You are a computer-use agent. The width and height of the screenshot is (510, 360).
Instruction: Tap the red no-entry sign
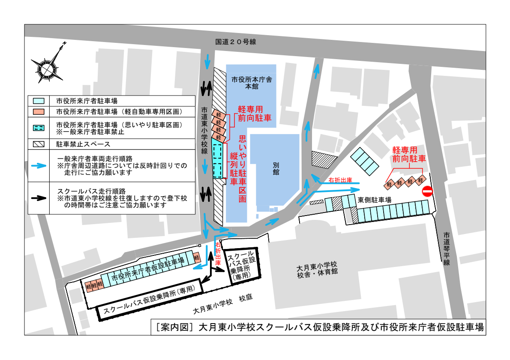pyautogui.click(x=427, y=191)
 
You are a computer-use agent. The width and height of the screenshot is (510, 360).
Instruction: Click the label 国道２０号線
pyautogui.click(x=235, y=42)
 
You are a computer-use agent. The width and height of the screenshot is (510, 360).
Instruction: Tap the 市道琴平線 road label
pyautogui.click(x=446, y=249)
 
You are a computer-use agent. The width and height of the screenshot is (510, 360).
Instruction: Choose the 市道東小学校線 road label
pyautogui.click(x=205, y=130)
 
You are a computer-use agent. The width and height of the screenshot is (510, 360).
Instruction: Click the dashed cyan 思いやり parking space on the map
pyautogui.click(x=218, y=161)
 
